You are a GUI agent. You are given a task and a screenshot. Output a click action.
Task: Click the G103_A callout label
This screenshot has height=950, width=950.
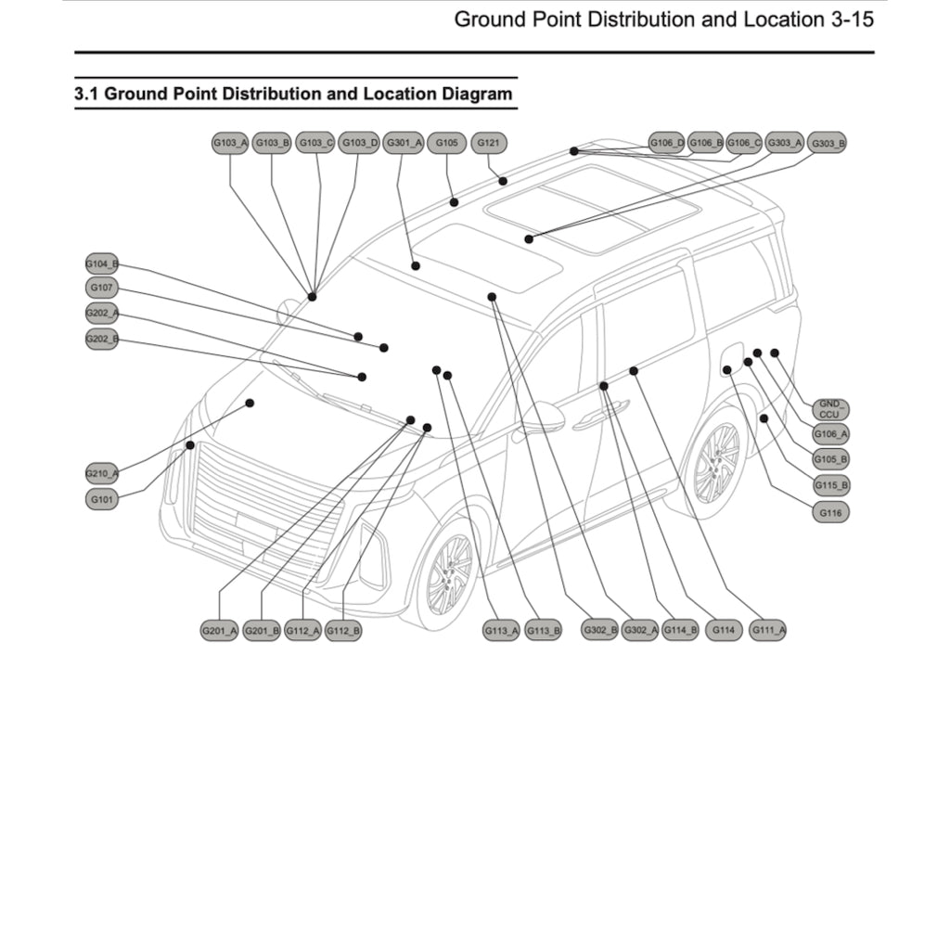pyautogui.click(x=230, y=143)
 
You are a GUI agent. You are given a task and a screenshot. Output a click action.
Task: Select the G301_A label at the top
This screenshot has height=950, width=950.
pyautogui.click(x=403, y=143)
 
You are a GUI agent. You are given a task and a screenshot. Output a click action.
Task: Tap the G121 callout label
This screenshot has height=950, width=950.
pyautogui.click(x=489, y=143)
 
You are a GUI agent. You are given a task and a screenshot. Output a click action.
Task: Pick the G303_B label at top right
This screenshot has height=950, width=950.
pyautogui.click(x=828, y=144)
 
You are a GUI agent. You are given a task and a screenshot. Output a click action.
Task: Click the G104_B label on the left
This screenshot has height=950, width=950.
pyautogui.click(x=102, y=263)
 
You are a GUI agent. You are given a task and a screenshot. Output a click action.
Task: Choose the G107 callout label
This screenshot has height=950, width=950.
pyautogui.click(x=102, y=288)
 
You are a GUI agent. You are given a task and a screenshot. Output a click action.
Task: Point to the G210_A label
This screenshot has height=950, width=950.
pyautogui.click(x=102, y=474)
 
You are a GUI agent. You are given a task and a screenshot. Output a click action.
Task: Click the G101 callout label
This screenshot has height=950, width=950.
pyautogui.click(x=102, y=499)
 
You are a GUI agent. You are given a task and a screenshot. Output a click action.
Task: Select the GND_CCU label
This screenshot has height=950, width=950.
pyautogui.click(x=829, y=409)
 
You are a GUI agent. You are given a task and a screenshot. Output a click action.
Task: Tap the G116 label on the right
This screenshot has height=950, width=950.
pyautogui.click(x=829, y=511)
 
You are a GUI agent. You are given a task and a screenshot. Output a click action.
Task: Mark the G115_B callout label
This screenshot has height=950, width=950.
pyautogui.click(x=830, y=485)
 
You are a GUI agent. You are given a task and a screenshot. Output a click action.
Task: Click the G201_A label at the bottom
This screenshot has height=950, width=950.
pyautogui.click(x=220, y=631)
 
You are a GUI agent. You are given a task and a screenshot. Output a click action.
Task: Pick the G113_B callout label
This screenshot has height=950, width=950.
pyautogui.click(x=543, y=631)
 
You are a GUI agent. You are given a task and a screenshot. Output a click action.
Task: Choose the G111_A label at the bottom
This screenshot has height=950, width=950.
pyautogui.click(x=768, y=631)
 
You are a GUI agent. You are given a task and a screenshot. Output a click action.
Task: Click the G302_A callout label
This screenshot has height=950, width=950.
pyautogui.click(x=640, y=631)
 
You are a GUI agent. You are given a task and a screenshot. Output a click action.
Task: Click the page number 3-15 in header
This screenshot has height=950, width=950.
pyautogui.click(x=848, y=19)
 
